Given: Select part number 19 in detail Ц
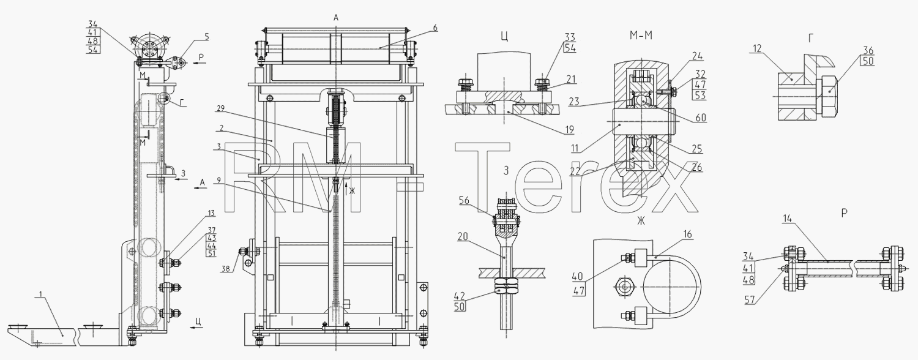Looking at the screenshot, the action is [x=570, y=130].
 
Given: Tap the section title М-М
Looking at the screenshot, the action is [x=641, y=36].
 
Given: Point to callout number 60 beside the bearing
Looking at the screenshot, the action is [x=701, y=118].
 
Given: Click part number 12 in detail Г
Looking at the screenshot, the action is [x=757, y=48].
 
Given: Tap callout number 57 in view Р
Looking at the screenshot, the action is [x=750, y=300].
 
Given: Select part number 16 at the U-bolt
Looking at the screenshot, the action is [x=688, y=234].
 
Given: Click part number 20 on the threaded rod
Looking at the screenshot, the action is [x=463, y=237].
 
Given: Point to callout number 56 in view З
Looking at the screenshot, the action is [x=465, y=200].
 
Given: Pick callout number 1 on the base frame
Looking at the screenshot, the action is [x=40, y=294].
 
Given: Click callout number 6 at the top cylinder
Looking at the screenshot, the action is [x=435, y=28].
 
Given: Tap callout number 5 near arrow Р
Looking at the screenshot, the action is [x=207, y=37].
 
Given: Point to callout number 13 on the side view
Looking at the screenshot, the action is [x=211, y=213].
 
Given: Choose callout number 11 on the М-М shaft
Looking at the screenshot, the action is [x=576, y=148].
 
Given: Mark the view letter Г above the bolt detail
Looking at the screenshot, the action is [x=811, y=38].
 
